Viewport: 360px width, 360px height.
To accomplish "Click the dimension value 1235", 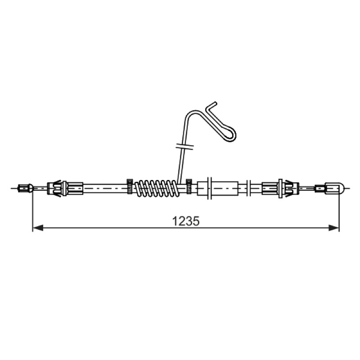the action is coord(186,221).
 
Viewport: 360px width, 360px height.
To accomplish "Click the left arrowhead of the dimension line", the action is coord(38,228).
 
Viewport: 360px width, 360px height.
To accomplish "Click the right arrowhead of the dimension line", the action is coord(334,228).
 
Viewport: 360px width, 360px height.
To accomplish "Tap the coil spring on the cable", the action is coord(156,188).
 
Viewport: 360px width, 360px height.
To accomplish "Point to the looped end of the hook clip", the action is coord(231,135).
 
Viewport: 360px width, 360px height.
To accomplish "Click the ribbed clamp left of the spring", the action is coord(130,186).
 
